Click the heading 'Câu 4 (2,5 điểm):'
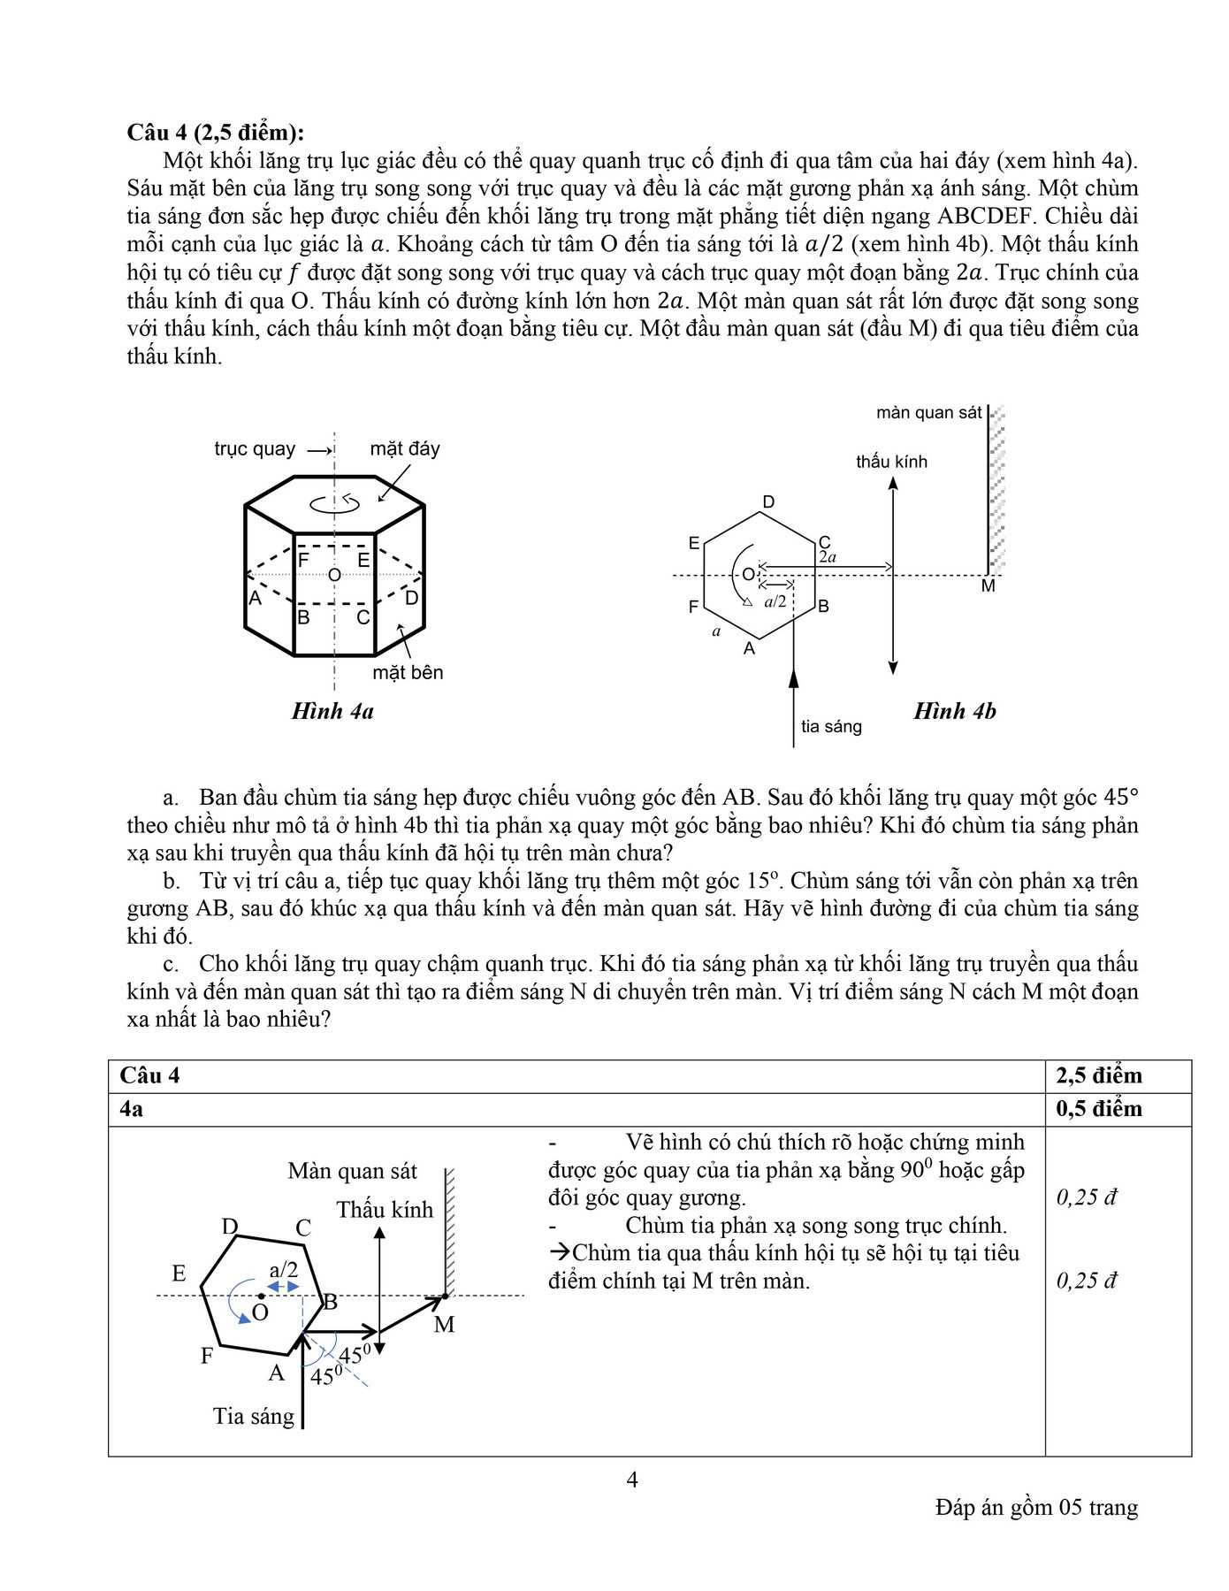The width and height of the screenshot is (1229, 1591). click(x=215, y=133)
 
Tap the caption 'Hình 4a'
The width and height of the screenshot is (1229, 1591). click(x=332, y=711)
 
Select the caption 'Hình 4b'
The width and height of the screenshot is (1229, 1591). click(x=954, y=711)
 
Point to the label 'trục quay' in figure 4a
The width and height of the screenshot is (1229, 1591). click(x=255, y=449)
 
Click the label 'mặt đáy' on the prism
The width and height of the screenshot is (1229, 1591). click(x=404, y=449)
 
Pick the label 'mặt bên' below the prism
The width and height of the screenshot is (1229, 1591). click(x=408, y=672)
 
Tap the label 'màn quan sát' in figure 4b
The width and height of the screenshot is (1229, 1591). click(x=928, y=413)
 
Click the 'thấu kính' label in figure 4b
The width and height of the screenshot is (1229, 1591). click(x=891, y=462)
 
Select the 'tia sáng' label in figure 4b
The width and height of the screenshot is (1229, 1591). click(x=831, y=727)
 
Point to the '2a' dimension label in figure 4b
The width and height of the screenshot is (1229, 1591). click(x=828, y=557)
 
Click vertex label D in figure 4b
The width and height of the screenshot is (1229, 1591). click(x=768, y=502)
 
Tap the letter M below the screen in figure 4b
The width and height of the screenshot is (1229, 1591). click(x=989, y=586)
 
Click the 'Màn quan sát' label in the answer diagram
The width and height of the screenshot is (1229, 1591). click(x=352, y=1172)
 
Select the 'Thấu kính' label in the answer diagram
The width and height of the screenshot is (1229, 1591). click(x=385, y=1210)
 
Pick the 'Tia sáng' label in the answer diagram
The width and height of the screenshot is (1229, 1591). click(x=254, y=1416)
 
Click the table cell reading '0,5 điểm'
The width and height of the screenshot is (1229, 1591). click(x=1098, y=1109)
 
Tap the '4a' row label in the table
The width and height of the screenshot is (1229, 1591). click(x=132, y=1109)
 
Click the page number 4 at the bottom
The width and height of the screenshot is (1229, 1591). click(x=631, y=1479)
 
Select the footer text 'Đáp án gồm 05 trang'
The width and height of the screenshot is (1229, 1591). click(x=1036, y=1507)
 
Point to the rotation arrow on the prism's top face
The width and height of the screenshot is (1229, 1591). click(x=335, y=504)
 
